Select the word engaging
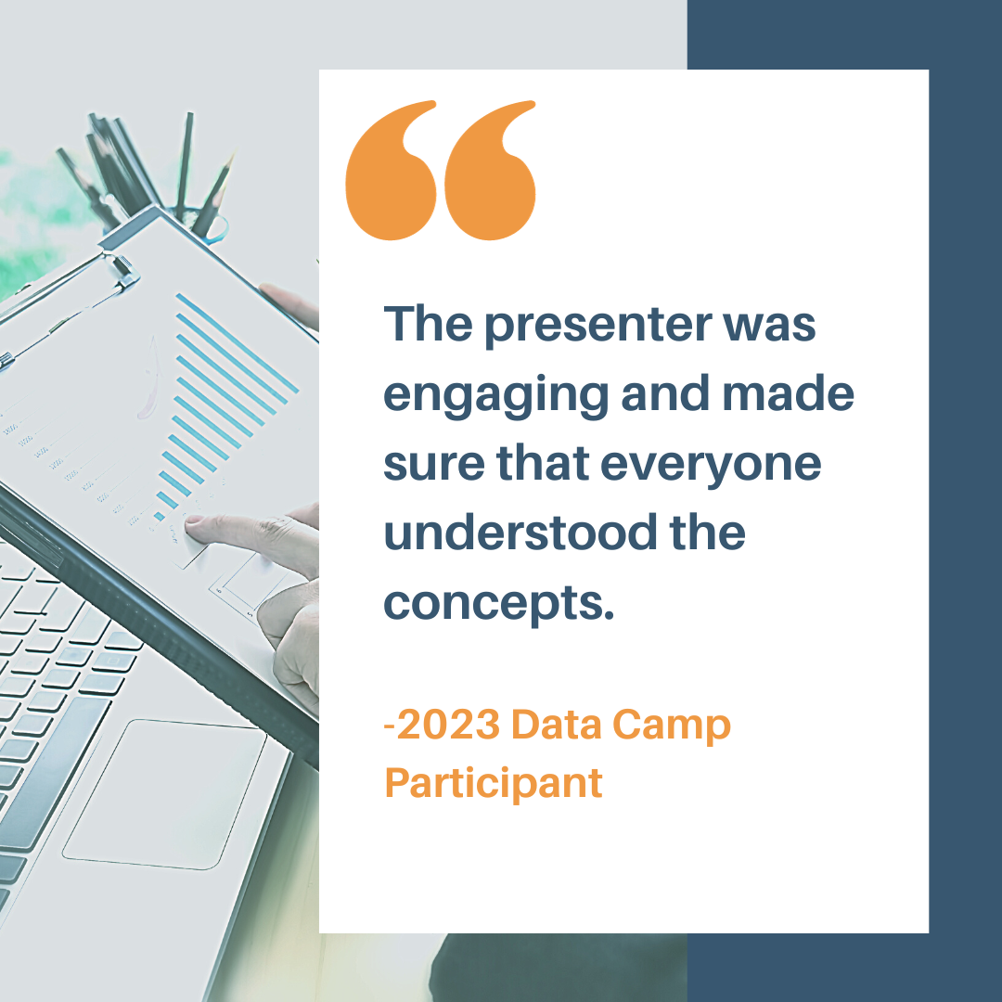[x=495, y=396]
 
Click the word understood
[x=520, y=533]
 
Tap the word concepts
[x=498, y=604]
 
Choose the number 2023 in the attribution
[x=449, y=725]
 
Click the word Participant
[x=494, y=785]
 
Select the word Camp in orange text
[x=672, y=726]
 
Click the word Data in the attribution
[x=556, y=725]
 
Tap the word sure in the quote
[x=434, y=465]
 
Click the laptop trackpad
[x=163, y=794]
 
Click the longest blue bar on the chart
[x=238, y=343]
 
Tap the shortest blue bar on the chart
[x=160, y=517]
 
